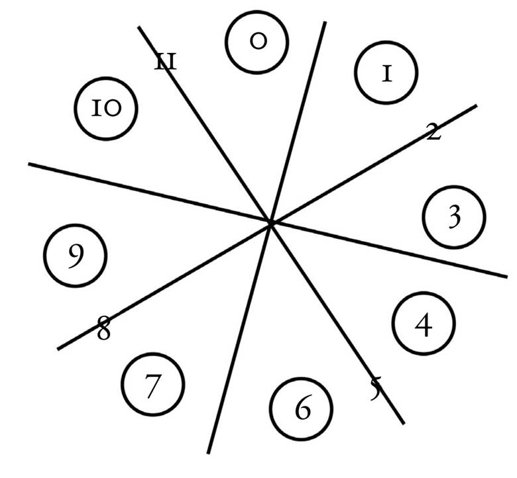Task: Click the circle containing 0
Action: pos(257,42)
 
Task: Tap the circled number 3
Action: pos(454,218)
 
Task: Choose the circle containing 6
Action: pos(302,409)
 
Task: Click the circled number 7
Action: pos(152,385)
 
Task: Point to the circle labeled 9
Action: pos(75,256)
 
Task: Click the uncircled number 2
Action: pos(433,132)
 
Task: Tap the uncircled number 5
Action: pos(376,389)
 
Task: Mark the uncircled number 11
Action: pos(165,62)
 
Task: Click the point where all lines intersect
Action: pos(270,223)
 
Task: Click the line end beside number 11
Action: pos(139,27)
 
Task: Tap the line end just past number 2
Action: pos(476,105)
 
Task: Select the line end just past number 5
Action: pos(402,422)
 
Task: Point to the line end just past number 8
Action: pos(59,348)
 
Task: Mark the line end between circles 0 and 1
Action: pos(325,23)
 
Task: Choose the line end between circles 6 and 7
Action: pos(209,452)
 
